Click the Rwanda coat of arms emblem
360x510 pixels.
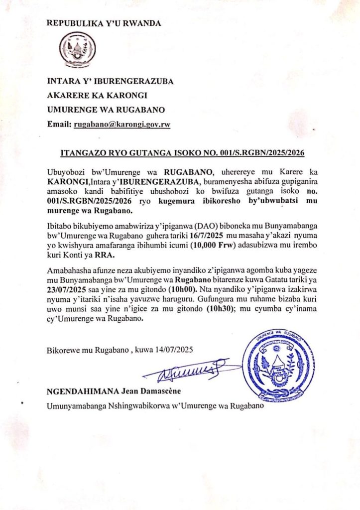pos(77,50)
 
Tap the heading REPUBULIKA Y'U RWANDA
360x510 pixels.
pos(103,23)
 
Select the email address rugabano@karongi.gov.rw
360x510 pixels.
pos(122,125)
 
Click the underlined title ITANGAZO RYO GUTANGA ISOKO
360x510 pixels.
pos(182,152)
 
